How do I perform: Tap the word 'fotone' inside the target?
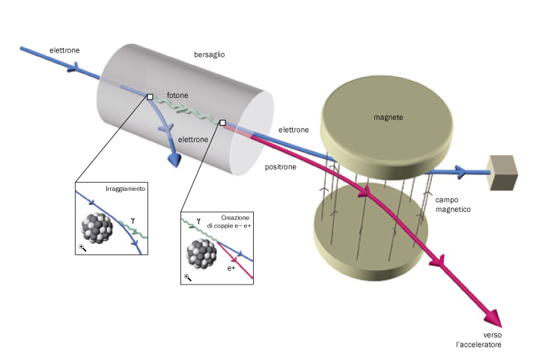click(x=177, y=96)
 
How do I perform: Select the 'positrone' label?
click(x=281, y=167)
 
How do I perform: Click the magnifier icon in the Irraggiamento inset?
click(x=82, y=247)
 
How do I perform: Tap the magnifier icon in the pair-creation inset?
click(x=187, y=278)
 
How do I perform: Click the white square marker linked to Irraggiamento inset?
click(x=150, y=97)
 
